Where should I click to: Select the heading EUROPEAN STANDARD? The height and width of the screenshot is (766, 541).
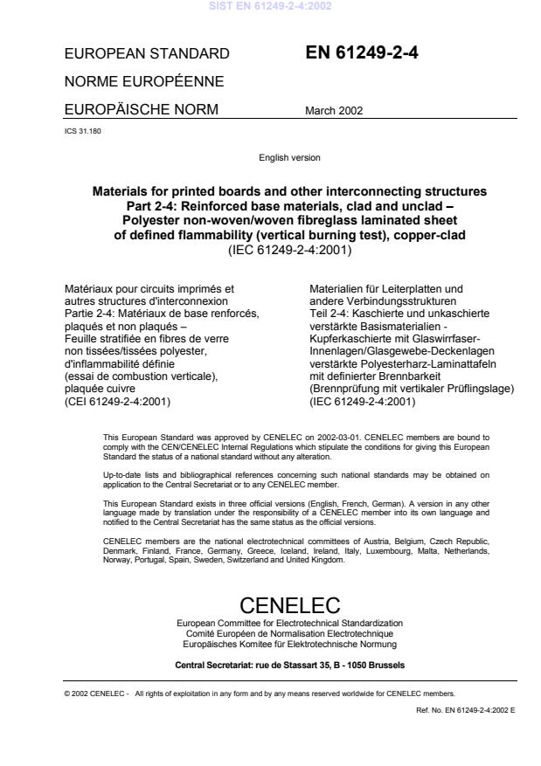pos(147,54)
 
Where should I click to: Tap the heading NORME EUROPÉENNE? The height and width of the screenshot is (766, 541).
pos(144,83)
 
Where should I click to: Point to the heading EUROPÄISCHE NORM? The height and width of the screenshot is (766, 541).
pos(141,111)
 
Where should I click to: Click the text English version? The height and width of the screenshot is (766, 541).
pos(289,157)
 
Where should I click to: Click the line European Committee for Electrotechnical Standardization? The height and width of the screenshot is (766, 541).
pos(289,624)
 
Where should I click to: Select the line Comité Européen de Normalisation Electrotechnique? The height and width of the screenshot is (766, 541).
pos(289,633)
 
